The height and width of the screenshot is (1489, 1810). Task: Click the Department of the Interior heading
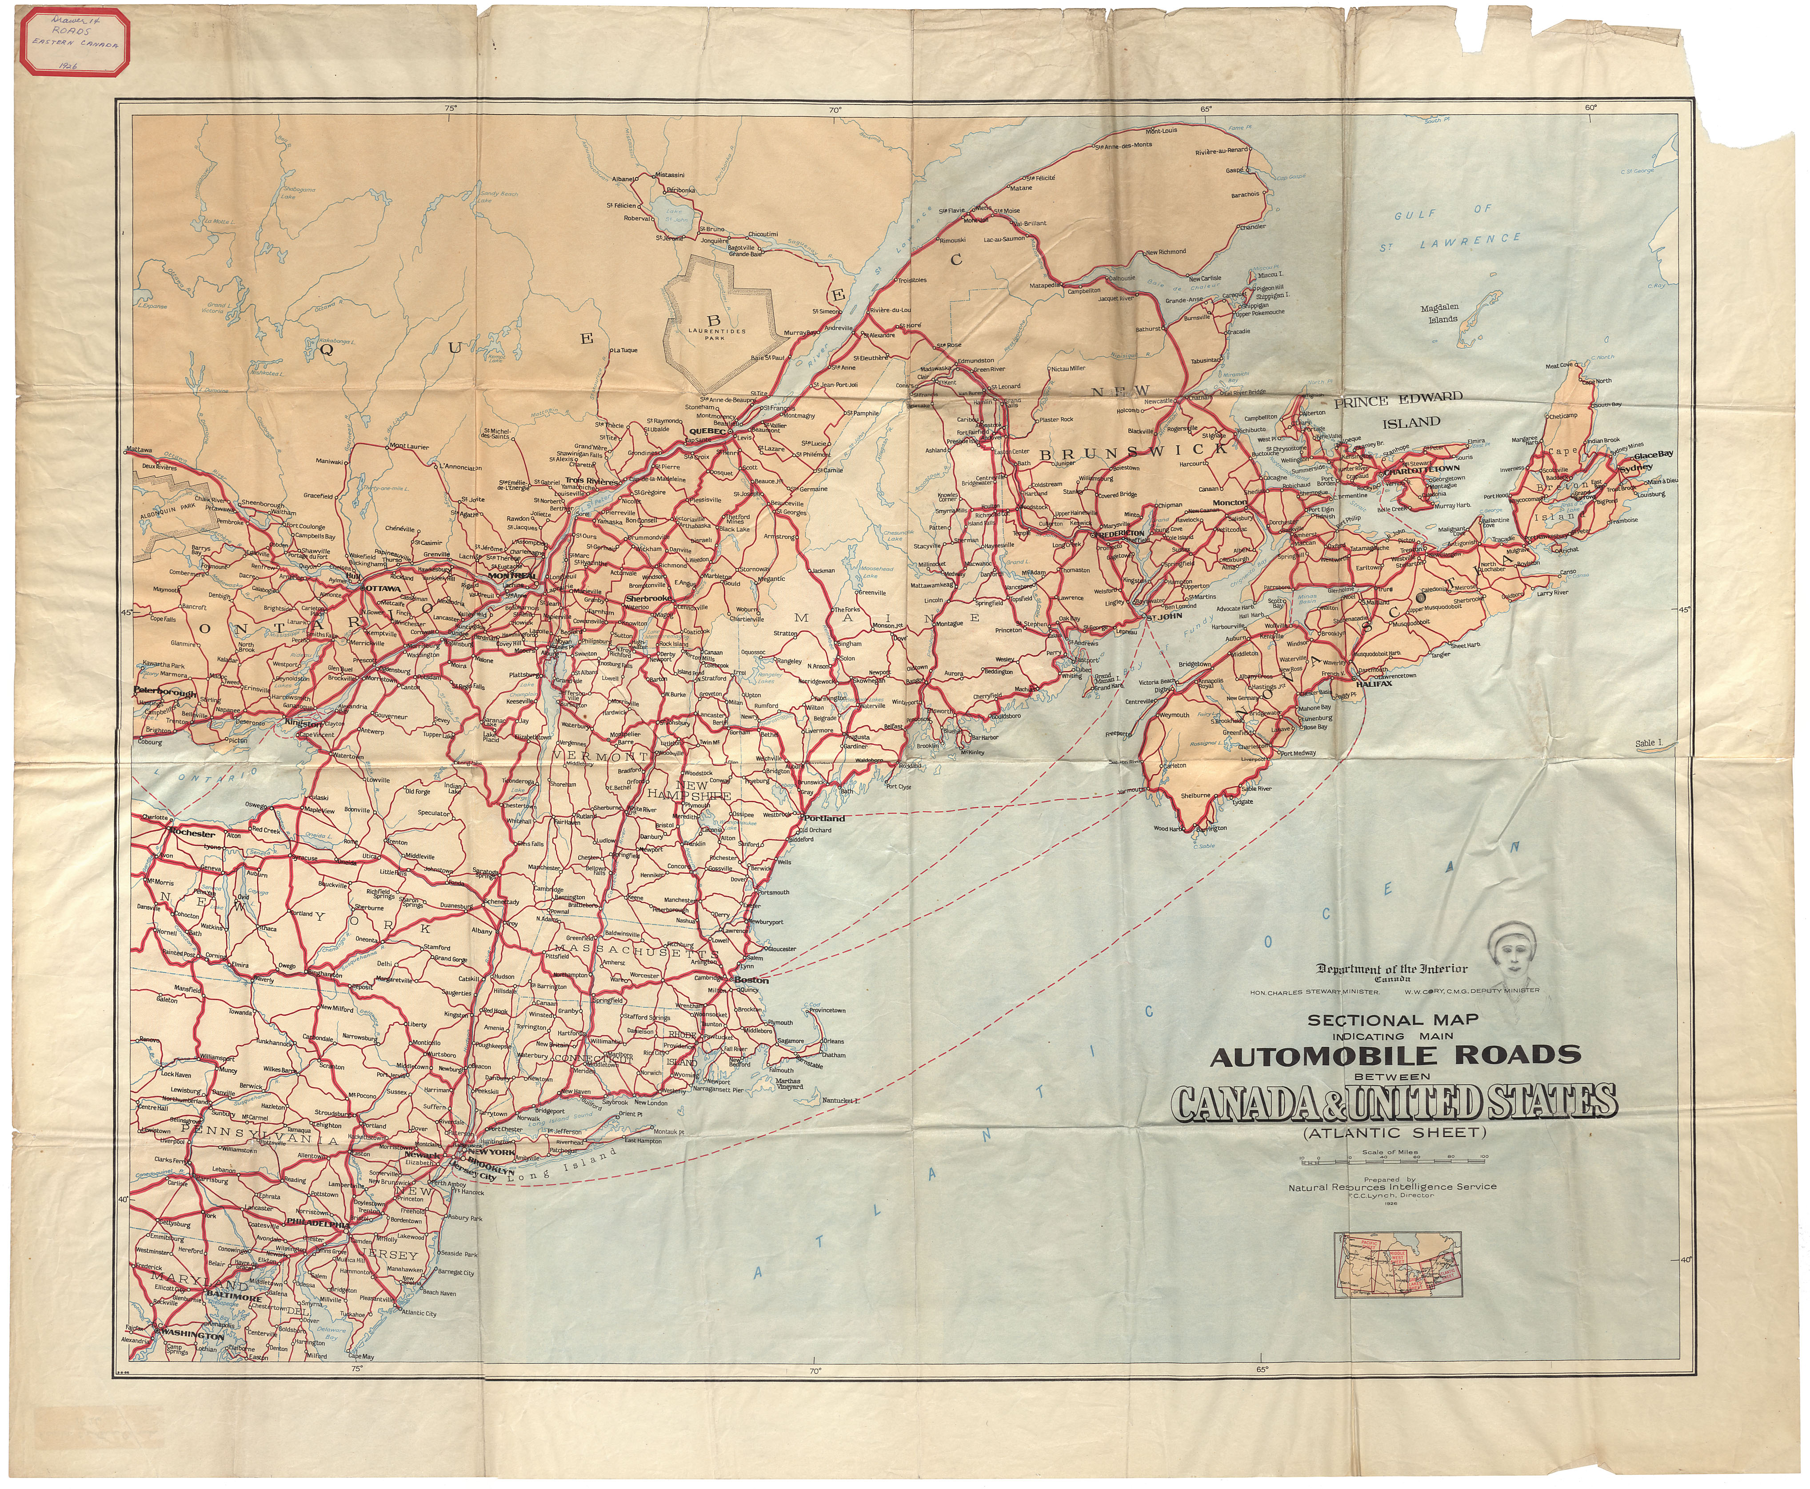coord(1391,969)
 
